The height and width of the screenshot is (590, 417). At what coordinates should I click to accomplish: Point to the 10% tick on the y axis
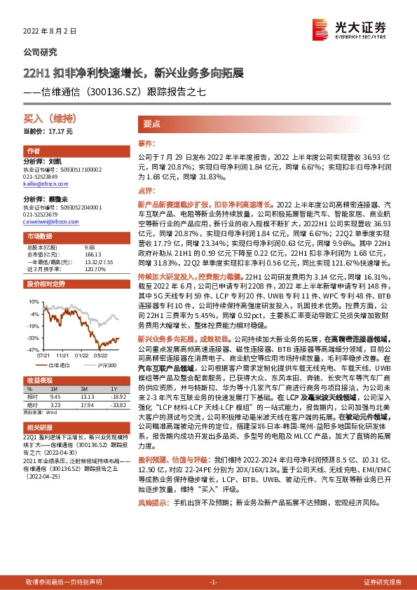[34, 301]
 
